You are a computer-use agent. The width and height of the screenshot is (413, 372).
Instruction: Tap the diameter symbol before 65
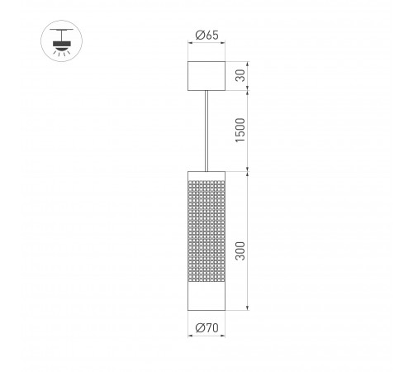(198, 35)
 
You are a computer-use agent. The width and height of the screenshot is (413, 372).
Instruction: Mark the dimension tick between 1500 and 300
(247, 172)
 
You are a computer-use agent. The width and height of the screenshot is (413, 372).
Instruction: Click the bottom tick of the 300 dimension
(247, 311)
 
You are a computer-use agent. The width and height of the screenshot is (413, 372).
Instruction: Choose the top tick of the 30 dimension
(247, 60)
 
